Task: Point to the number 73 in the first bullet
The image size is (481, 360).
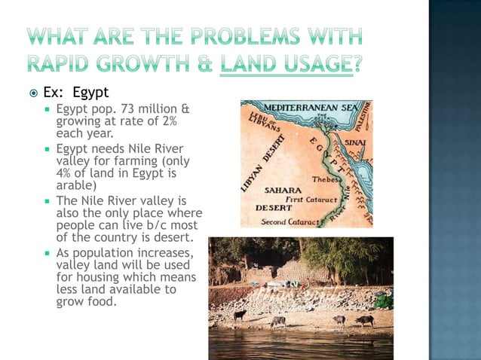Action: pos(124,110)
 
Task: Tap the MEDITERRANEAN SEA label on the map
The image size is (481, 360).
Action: pos(311,108)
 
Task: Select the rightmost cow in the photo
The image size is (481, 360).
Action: pos(365,321)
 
